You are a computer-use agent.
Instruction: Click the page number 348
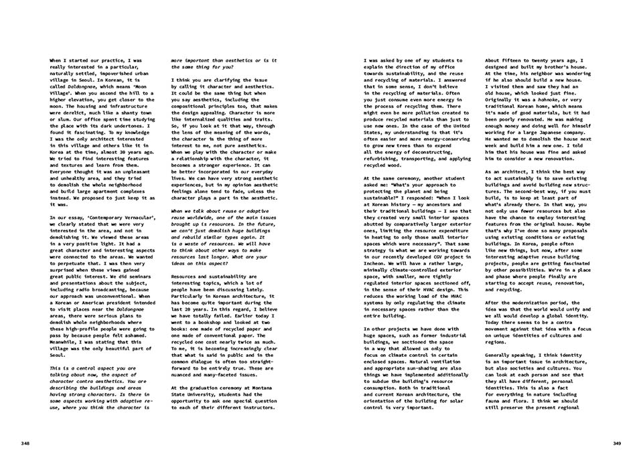coord(24,443)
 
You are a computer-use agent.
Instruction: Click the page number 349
coord(618,443)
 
